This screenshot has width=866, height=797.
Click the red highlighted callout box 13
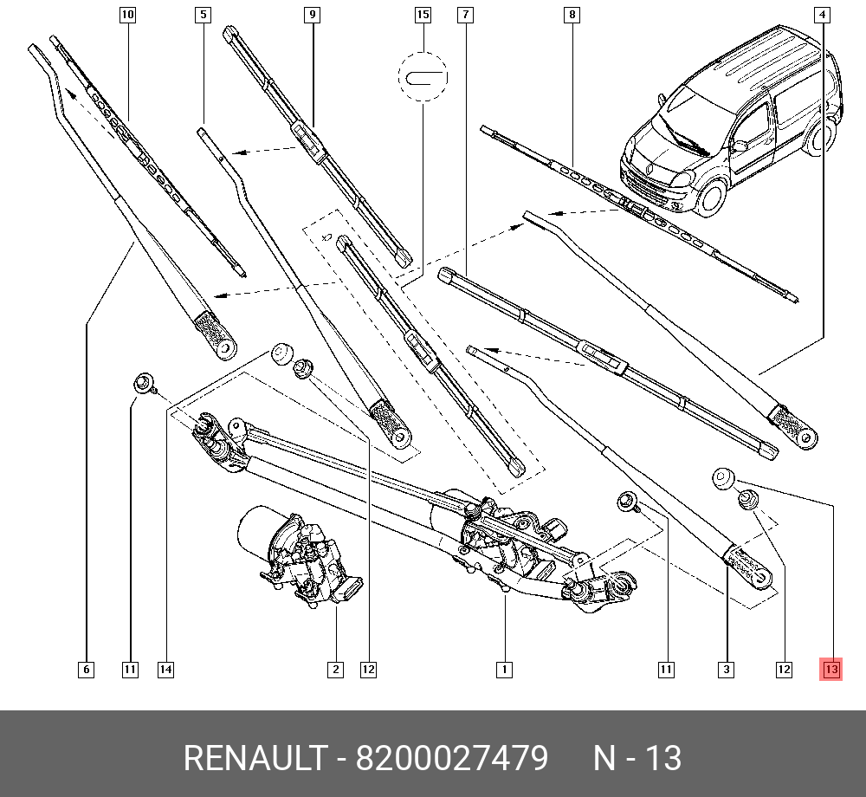tap(831, 669)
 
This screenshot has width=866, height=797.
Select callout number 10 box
tap(127, 15)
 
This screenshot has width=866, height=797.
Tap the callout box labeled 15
tap(423, 15)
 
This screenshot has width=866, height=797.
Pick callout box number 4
tap(822, 15)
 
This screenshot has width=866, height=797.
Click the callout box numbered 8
tap(571, 15)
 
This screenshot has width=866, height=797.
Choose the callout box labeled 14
tap(165, 669)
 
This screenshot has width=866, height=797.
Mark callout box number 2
tap(335, 669)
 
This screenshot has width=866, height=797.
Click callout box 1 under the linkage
tap(503, 669)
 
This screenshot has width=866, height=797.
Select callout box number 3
tap(726, 669)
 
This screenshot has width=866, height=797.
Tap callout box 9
tap(312, 15)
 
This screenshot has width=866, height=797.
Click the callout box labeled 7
tap(466, 15)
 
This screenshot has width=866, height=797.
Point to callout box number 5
tap(203, 15)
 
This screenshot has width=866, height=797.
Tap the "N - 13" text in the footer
tap(637, 759)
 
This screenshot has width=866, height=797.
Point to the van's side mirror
tap(739, 146)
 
